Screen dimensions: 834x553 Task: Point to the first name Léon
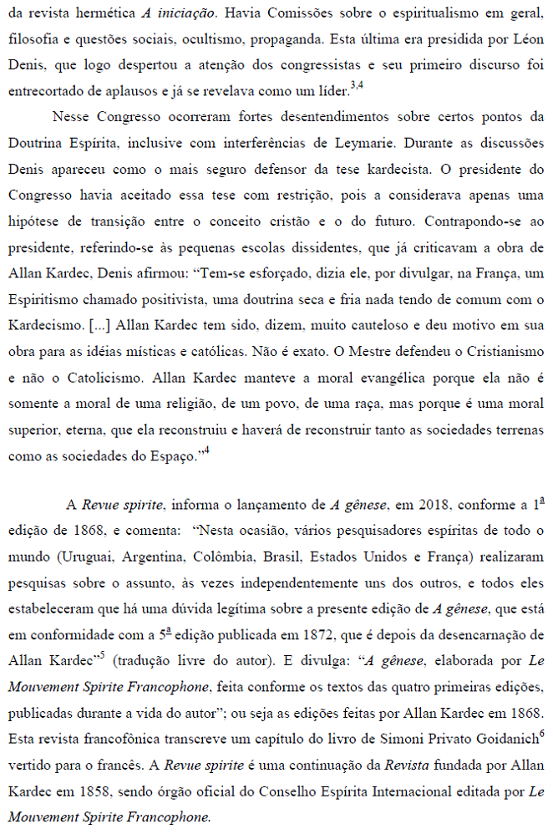[527, 39]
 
